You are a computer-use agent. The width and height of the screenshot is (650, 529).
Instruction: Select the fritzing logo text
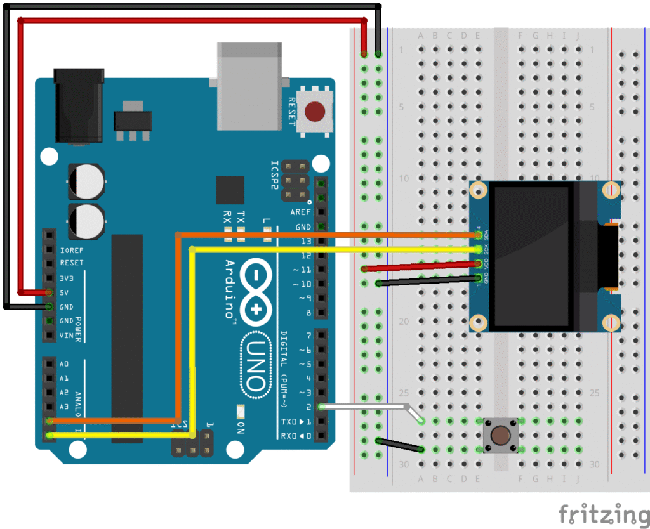tap(604, 513)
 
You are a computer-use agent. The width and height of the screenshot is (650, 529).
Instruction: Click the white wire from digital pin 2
tap(368, 407)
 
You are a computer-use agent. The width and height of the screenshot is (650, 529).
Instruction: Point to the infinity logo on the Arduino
tap(256, 291)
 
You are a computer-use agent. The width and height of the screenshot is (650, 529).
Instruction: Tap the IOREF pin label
tap(72, 249)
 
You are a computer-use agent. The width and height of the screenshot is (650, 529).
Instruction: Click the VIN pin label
tap(67, 336)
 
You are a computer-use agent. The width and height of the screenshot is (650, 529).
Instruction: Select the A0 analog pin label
tap(63, 364)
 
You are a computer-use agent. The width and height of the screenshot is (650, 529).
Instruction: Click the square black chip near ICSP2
tap(230, 190)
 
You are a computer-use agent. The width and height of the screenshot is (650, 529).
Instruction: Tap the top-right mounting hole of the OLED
tap(611, 190)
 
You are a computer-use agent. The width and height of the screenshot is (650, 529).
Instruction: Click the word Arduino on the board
tap(230, 289)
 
